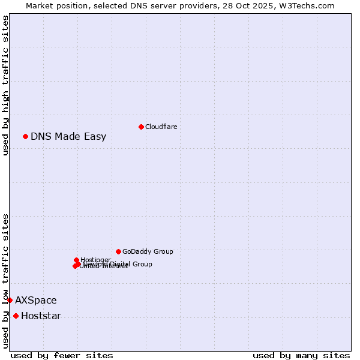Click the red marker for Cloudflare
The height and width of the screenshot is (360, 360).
141,127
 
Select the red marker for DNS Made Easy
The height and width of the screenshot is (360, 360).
26,136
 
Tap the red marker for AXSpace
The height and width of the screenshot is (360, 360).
10,300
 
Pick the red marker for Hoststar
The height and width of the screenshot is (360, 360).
16,316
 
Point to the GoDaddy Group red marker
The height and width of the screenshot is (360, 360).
118,251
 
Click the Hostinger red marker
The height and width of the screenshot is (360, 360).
76,260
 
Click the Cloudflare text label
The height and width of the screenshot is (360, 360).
161,127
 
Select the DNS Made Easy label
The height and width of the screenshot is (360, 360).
68,136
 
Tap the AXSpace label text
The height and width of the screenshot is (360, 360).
36,300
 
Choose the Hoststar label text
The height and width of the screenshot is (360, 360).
41,316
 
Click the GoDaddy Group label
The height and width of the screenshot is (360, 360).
148,251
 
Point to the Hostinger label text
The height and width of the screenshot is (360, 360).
95,260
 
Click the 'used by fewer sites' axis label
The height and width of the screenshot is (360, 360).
62,355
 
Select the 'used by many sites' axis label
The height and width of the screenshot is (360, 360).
301,355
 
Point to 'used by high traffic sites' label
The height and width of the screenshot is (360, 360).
5,85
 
